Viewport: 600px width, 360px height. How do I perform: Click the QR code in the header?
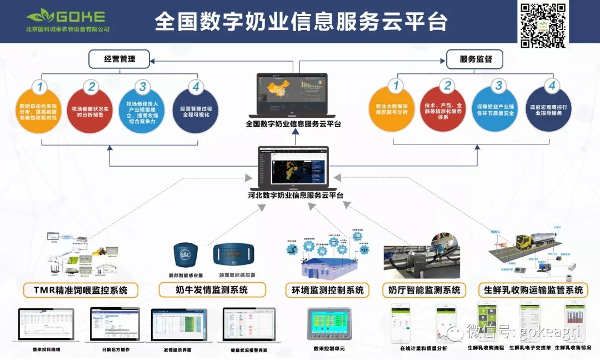click(x=543, y=25)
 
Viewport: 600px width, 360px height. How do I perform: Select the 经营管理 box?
click(x=119, y=58)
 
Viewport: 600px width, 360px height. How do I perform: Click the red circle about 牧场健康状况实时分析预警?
click(x=89, y=106)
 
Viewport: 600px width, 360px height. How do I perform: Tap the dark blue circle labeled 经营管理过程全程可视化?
click(x=196, y=106)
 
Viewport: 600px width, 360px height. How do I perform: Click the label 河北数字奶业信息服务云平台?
click(x=296, y=195)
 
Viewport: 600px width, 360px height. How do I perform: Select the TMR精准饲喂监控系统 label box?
click(x=81, y=290)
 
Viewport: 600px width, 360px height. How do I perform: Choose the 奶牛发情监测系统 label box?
click(x=212, y=290)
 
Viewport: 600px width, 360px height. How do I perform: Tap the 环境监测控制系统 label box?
click(x=328, y=290)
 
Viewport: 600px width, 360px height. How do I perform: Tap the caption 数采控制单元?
click(x=329, y=348)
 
